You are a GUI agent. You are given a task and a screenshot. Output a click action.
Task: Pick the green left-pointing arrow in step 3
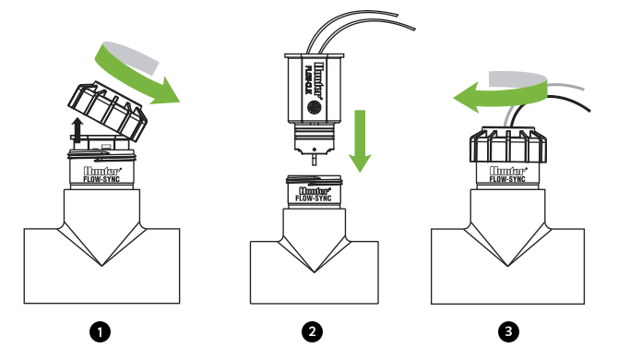(x=480, y=93)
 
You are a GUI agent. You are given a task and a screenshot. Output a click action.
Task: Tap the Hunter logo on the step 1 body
(x=98, y=169)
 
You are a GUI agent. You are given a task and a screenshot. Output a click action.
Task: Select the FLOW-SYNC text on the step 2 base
(x=315, y=197)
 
